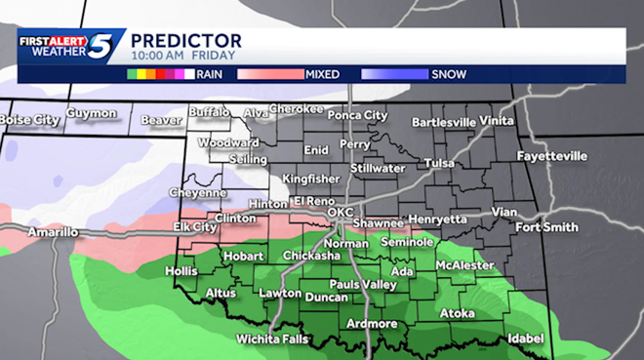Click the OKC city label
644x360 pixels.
click(x=340, y=212)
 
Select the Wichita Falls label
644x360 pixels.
click(x=272, y=340)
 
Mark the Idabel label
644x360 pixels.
click(x=526, y=340)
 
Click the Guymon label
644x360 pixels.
click(x=91, y=113)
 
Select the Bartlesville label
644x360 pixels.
click(x=444, y=122)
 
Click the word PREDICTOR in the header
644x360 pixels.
click(x=185, y=40)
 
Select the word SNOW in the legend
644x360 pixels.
click(x=450, y=74)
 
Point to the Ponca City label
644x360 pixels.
click(x=357, y=115)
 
